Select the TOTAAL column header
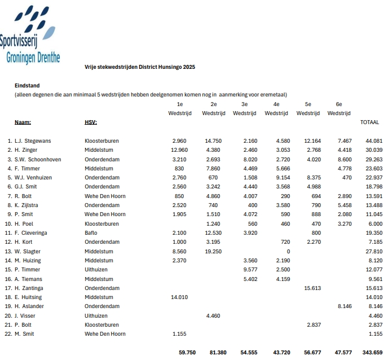(x=369, y=122)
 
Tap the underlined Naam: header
(x=23, y=122)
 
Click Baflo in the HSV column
(x=91, y=232)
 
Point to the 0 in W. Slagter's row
(x=288, y=251)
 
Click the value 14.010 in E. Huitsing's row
(x=178, y=297)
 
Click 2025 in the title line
(x=189, y=67)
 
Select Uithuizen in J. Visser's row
(x=96, y=315)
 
